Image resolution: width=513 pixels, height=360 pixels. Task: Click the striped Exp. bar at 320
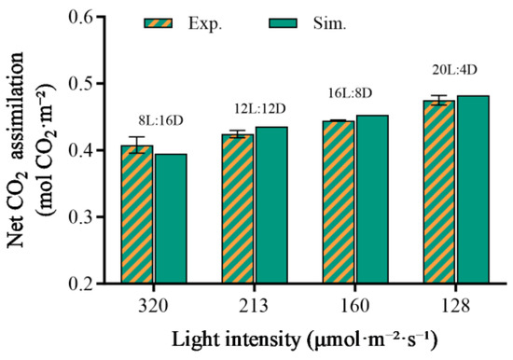coord(137,214)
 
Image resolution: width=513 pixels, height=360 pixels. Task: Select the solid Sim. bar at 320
coord(171,218)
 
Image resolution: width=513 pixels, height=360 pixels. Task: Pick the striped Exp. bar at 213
coord(238,209)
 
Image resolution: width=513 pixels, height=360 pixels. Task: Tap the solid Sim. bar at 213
coord(271,205)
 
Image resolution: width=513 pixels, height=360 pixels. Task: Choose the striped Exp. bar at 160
coord(339,202)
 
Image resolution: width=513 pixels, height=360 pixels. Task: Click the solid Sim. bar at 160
coord(373,199)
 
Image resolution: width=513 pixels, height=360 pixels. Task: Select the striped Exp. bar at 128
coord(439,192)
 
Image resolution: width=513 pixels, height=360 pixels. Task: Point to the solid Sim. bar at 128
coord(474,189)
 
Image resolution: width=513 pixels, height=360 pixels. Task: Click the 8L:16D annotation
coord(160,121)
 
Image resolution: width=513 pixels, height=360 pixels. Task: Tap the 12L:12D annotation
coord(261,109)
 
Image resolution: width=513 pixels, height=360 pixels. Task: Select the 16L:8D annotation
coord(350,93)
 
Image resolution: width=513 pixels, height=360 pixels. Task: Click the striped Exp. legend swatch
coord(159,23)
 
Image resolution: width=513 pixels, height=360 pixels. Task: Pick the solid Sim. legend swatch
coord(284,23)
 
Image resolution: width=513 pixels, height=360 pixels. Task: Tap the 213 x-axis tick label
coord(255,306)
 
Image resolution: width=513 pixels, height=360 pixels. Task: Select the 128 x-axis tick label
coord(456,306)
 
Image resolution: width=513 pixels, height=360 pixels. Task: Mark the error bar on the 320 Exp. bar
coord(137,145)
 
